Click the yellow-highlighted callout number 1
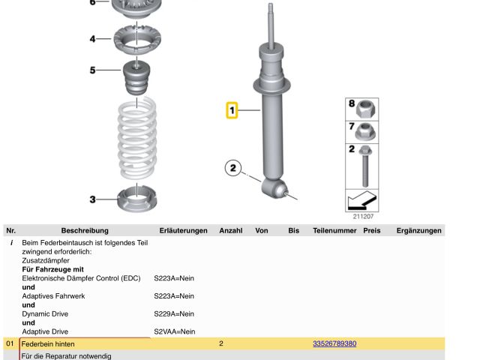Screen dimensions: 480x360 tap(232, 110)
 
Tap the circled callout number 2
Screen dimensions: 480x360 tap(233, 168)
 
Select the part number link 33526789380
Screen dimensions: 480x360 tap(334, 343)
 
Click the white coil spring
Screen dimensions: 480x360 tap(137, 138)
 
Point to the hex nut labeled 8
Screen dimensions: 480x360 tap(367, 109)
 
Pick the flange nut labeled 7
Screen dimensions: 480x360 tap(366, 132)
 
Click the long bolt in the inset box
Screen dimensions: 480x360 tap(365, 166)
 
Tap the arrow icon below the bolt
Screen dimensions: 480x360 tap(361, 200)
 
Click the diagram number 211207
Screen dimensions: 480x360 tap(363, 217)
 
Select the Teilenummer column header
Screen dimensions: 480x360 tap(334, 230)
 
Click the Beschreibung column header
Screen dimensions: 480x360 tap(85, 230)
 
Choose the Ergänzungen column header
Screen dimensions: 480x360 tap(418, 230)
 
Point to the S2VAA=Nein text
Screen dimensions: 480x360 tap(175, 331)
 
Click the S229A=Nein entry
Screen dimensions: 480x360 tap(174, 313)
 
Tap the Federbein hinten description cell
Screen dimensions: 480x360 tap(48, 344)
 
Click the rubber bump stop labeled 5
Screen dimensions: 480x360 tap(136, 78)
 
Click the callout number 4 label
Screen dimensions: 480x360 tap(92, 39)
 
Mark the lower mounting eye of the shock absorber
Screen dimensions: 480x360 tap(274, 188)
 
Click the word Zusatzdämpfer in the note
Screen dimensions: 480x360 tap(46, 260)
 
